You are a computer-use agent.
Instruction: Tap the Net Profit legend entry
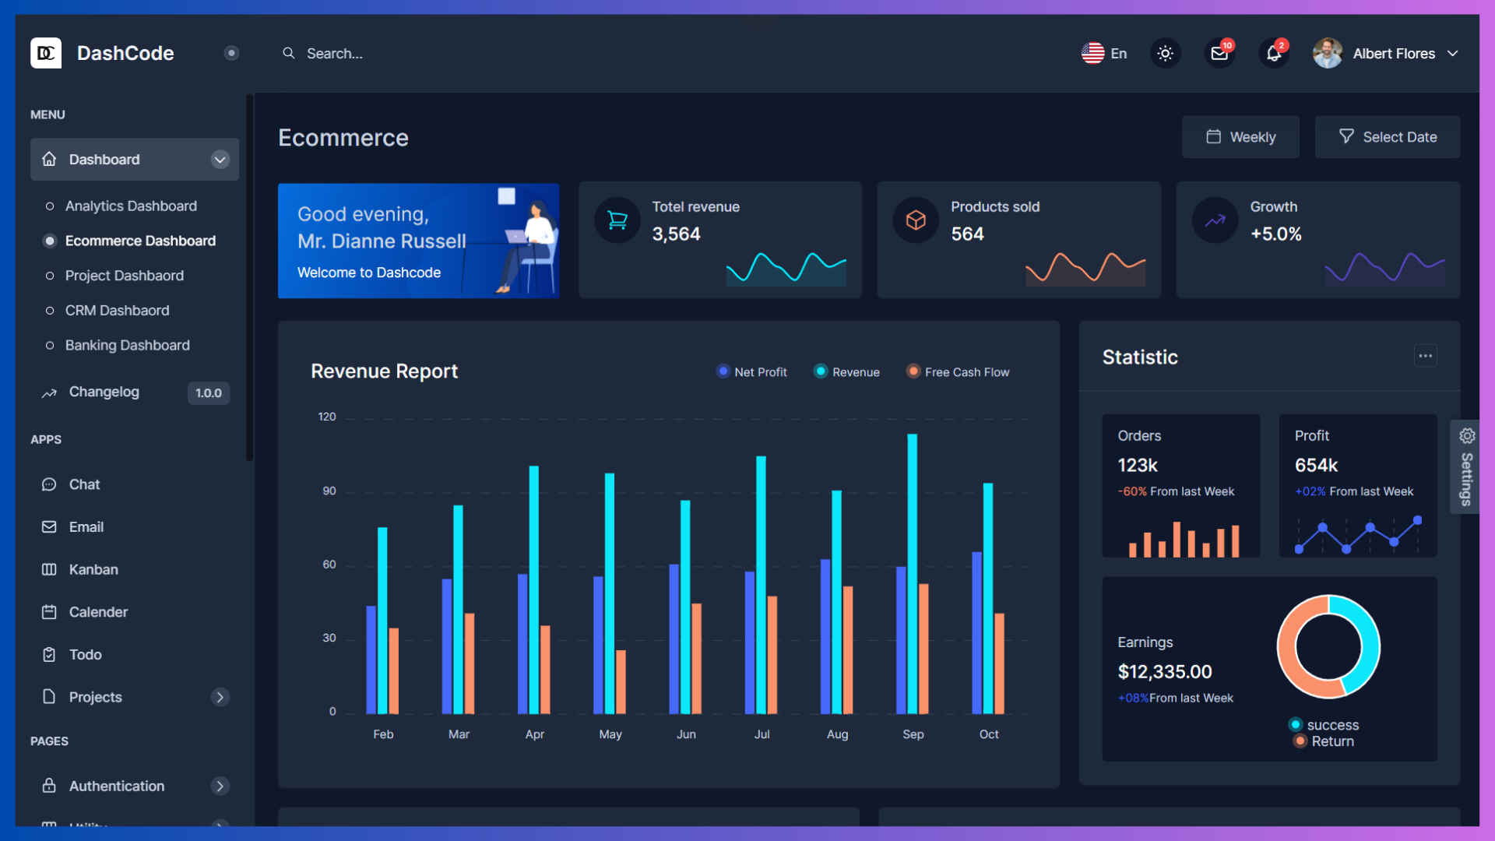[752, 372]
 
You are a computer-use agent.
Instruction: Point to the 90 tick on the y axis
[329, 491]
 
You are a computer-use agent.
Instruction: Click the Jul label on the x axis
[762, 734]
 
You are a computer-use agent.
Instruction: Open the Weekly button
[1240, 137]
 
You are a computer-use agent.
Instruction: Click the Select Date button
[1387, 137]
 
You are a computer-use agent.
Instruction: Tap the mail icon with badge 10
[1219, 54]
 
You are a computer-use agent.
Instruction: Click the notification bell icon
[1273, 54]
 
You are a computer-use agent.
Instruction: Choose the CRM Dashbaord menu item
[117, 310]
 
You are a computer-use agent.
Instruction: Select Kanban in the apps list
[93, 569]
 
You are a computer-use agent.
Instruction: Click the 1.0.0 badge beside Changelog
[208, 393]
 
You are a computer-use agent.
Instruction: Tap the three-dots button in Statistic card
[1425, 356]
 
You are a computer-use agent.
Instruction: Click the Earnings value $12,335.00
[1164, 671]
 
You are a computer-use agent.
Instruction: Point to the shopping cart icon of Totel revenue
[617, 220]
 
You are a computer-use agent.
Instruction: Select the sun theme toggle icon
[1165, 54]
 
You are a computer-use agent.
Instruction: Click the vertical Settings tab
[1465, 467]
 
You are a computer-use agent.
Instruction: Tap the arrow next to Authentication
[220, 786]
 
